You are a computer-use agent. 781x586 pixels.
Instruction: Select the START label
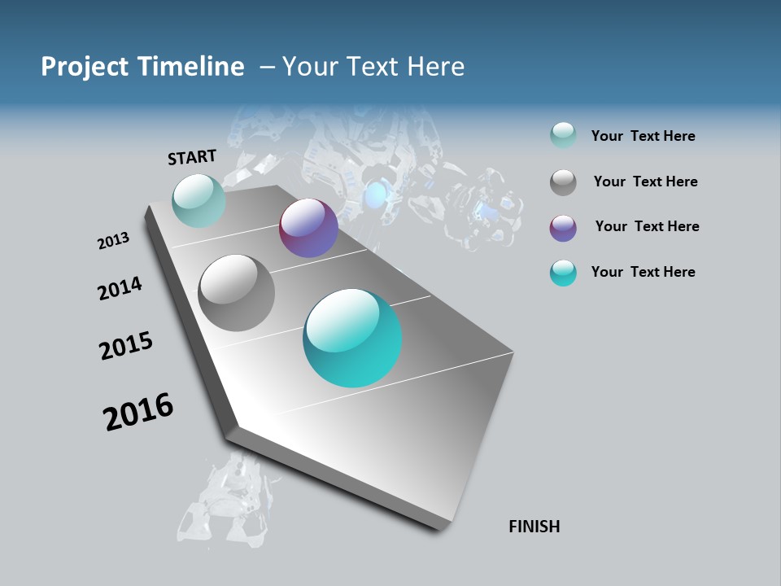pyautogui.click(x=192, y=157)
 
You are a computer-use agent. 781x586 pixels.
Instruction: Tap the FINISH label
pyautogui.click(x=534, y=527)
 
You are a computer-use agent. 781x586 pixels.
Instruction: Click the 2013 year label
pyautogui.click(x=113, y=241)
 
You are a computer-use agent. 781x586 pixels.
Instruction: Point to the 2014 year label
pyautogui.click(x=120, y=288)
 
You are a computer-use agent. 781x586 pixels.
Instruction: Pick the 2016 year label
pyautogui.click(x=138, y=412)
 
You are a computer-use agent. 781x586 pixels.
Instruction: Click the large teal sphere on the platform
pyautogui.click(x=352, y=338)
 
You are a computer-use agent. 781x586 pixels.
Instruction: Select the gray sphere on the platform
pyautogui.click(x=236, y=293)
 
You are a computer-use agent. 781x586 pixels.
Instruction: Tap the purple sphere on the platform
pyautogui.click(x=308, y=229)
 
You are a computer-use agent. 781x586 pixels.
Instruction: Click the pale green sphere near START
pyautogui.click(x=199, y=200)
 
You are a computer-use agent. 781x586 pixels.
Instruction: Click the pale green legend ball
pyautogui.click(x=563, y=136)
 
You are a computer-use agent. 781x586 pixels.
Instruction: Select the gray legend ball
pyautogui.click(x=563, y=182)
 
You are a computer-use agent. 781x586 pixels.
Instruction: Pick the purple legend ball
pyautogui.click(x=563, y=228)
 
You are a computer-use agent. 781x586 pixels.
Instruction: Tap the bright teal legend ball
pyautogui.click(x=563, y=273)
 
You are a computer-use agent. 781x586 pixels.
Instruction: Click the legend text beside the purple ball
pyautogui.click(x=647, y=226)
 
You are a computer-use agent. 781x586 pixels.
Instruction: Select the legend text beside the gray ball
pyautogui.click(x=645, y=181)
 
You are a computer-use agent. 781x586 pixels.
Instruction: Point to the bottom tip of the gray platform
pyautogui.click(x=440, y=530)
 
